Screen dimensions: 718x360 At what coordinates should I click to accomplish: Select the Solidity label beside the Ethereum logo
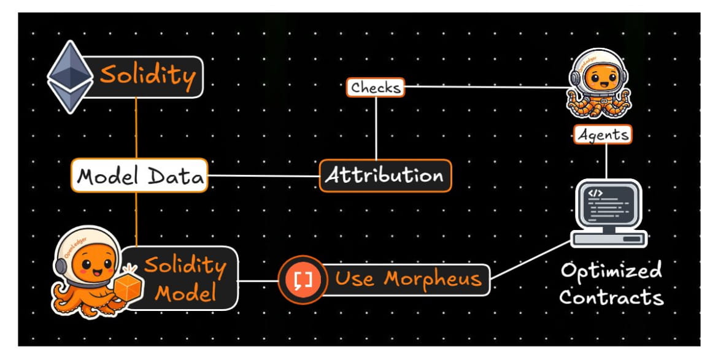coord(147,77)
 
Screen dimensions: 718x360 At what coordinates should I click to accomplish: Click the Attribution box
coord(385,176)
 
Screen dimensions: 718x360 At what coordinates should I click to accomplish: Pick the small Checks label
coord(375,88)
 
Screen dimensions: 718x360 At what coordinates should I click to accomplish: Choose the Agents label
coord(603,134)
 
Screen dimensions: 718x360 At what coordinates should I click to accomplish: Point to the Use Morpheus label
coord(407,280)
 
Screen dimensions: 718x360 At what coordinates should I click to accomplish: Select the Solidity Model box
coord(184,279)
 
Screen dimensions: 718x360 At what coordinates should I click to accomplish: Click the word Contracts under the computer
coord(611,298)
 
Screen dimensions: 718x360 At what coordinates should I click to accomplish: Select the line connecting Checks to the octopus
coord(485,87)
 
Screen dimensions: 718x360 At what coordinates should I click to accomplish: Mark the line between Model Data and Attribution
coord(264,176)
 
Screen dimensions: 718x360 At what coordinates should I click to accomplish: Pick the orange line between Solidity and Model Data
coord(136,129)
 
